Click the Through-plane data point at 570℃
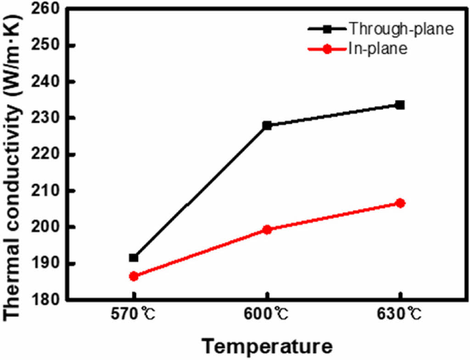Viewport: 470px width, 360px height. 134,258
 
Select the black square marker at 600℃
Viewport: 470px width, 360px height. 267,125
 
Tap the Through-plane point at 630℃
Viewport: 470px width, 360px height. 400,105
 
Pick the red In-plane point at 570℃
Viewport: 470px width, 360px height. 134,276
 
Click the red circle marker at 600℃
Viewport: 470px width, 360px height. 267,229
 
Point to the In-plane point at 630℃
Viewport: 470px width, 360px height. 400,203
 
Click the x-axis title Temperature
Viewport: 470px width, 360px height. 268,346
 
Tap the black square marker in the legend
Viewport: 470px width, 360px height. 327,29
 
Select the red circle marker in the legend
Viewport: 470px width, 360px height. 327,49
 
